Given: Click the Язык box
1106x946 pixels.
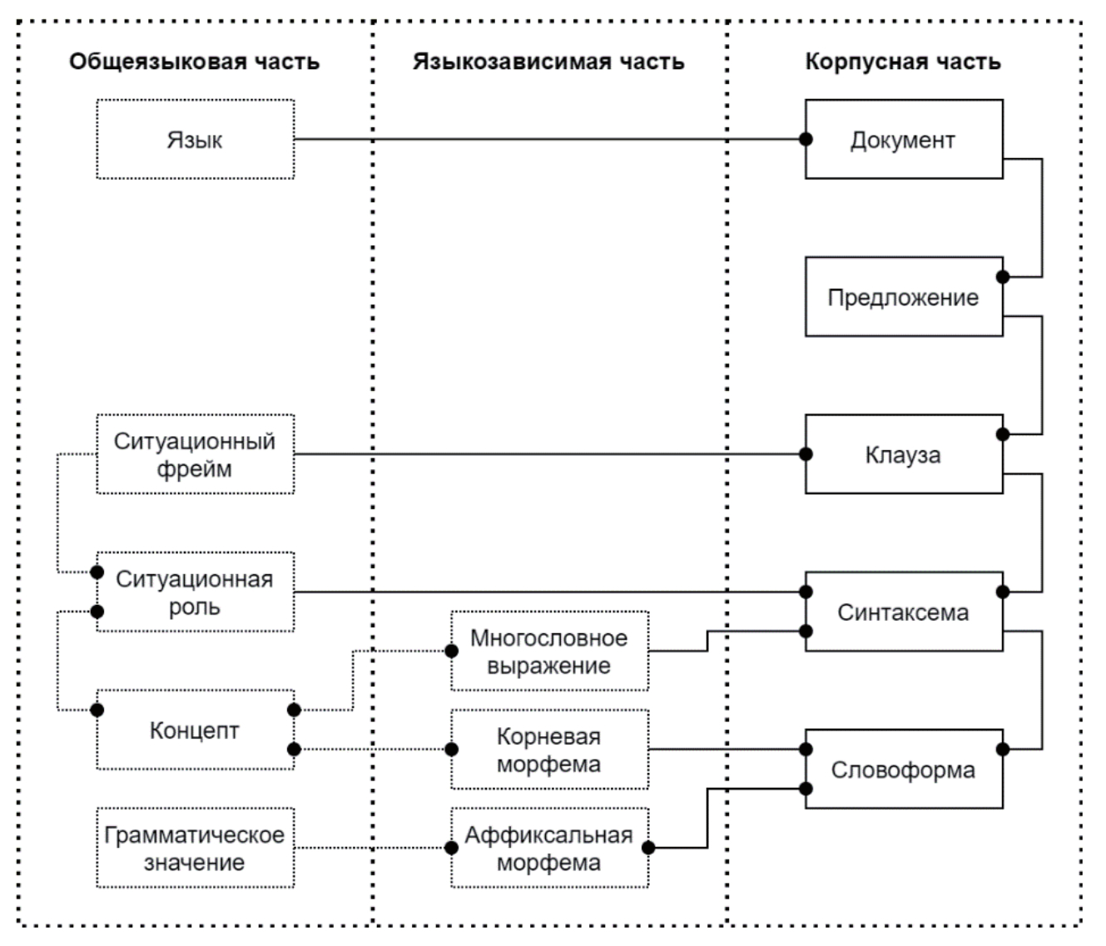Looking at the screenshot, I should [195, 139].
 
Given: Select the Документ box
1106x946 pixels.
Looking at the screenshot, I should [903, 139].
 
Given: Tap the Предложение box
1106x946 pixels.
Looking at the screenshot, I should [903, 297].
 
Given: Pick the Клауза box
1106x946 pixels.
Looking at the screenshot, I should [903, 454].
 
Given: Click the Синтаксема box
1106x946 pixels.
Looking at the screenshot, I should [903, 612].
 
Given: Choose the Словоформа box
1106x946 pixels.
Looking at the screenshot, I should [903, 770].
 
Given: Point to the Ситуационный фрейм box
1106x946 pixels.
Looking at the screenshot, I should [195, 454].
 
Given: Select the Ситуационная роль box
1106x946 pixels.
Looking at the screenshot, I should [195, 592].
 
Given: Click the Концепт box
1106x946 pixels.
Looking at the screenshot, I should [195, 730].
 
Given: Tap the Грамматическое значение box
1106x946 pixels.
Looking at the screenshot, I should [195, 848].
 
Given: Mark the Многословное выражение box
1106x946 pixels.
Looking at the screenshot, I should [549, 651].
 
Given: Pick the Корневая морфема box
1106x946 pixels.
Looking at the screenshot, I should [549, 750].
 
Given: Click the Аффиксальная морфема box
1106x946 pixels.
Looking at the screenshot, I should [549, 848].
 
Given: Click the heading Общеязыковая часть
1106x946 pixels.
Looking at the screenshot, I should [194, 62].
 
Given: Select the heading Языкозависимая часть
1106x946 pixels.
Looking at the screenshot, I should [548, 62].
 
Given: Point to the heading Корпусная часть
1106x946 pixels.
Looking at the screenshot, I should [903, 62].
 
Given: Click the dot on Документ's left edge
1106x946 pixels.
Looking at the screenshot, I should [806, 140].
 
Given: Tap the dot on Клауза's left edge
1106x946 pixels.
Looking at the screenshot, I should [806, 454].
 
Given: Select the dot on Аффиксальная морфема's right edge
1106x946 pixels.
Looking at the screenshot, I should [648, 848].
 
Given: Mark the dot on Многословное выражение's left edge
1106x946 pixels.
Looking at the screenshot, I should [452, 651].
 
